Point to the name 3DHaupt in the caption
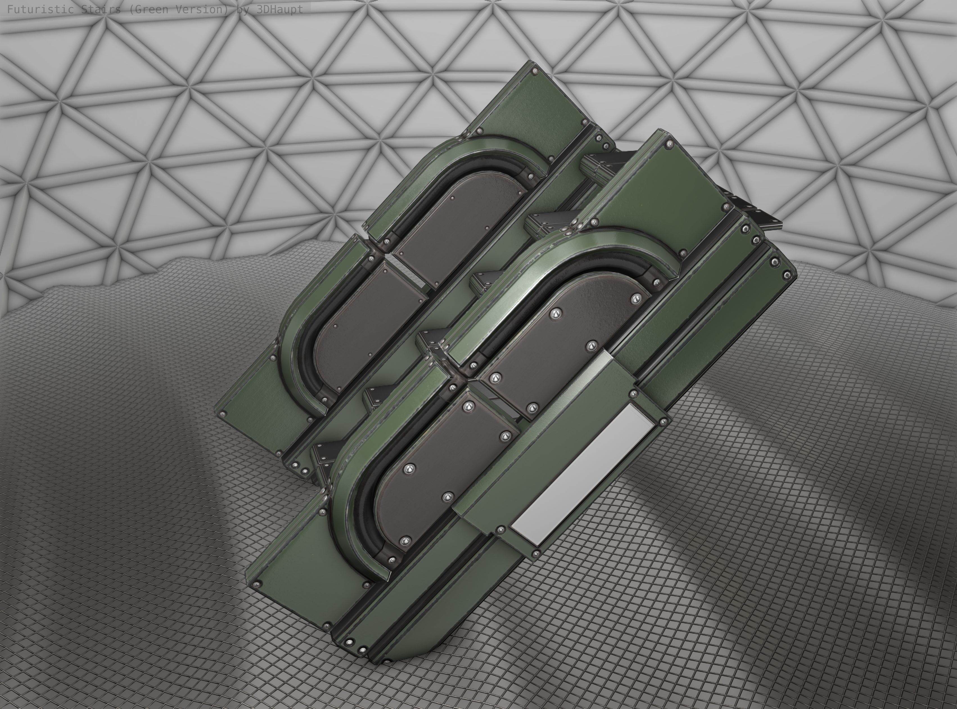(x=279, y=10)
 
